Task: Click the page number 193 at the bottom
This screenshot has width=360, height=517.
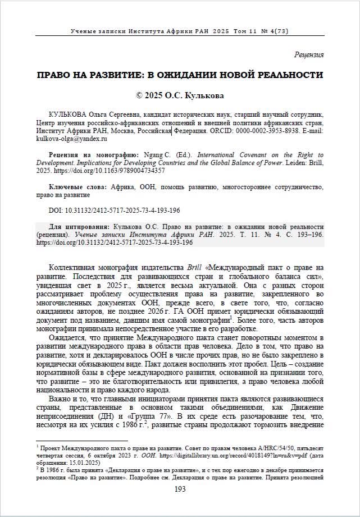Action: [180, 489]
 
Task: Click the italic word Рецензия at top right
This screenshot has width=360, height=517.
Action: [309, 54]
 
